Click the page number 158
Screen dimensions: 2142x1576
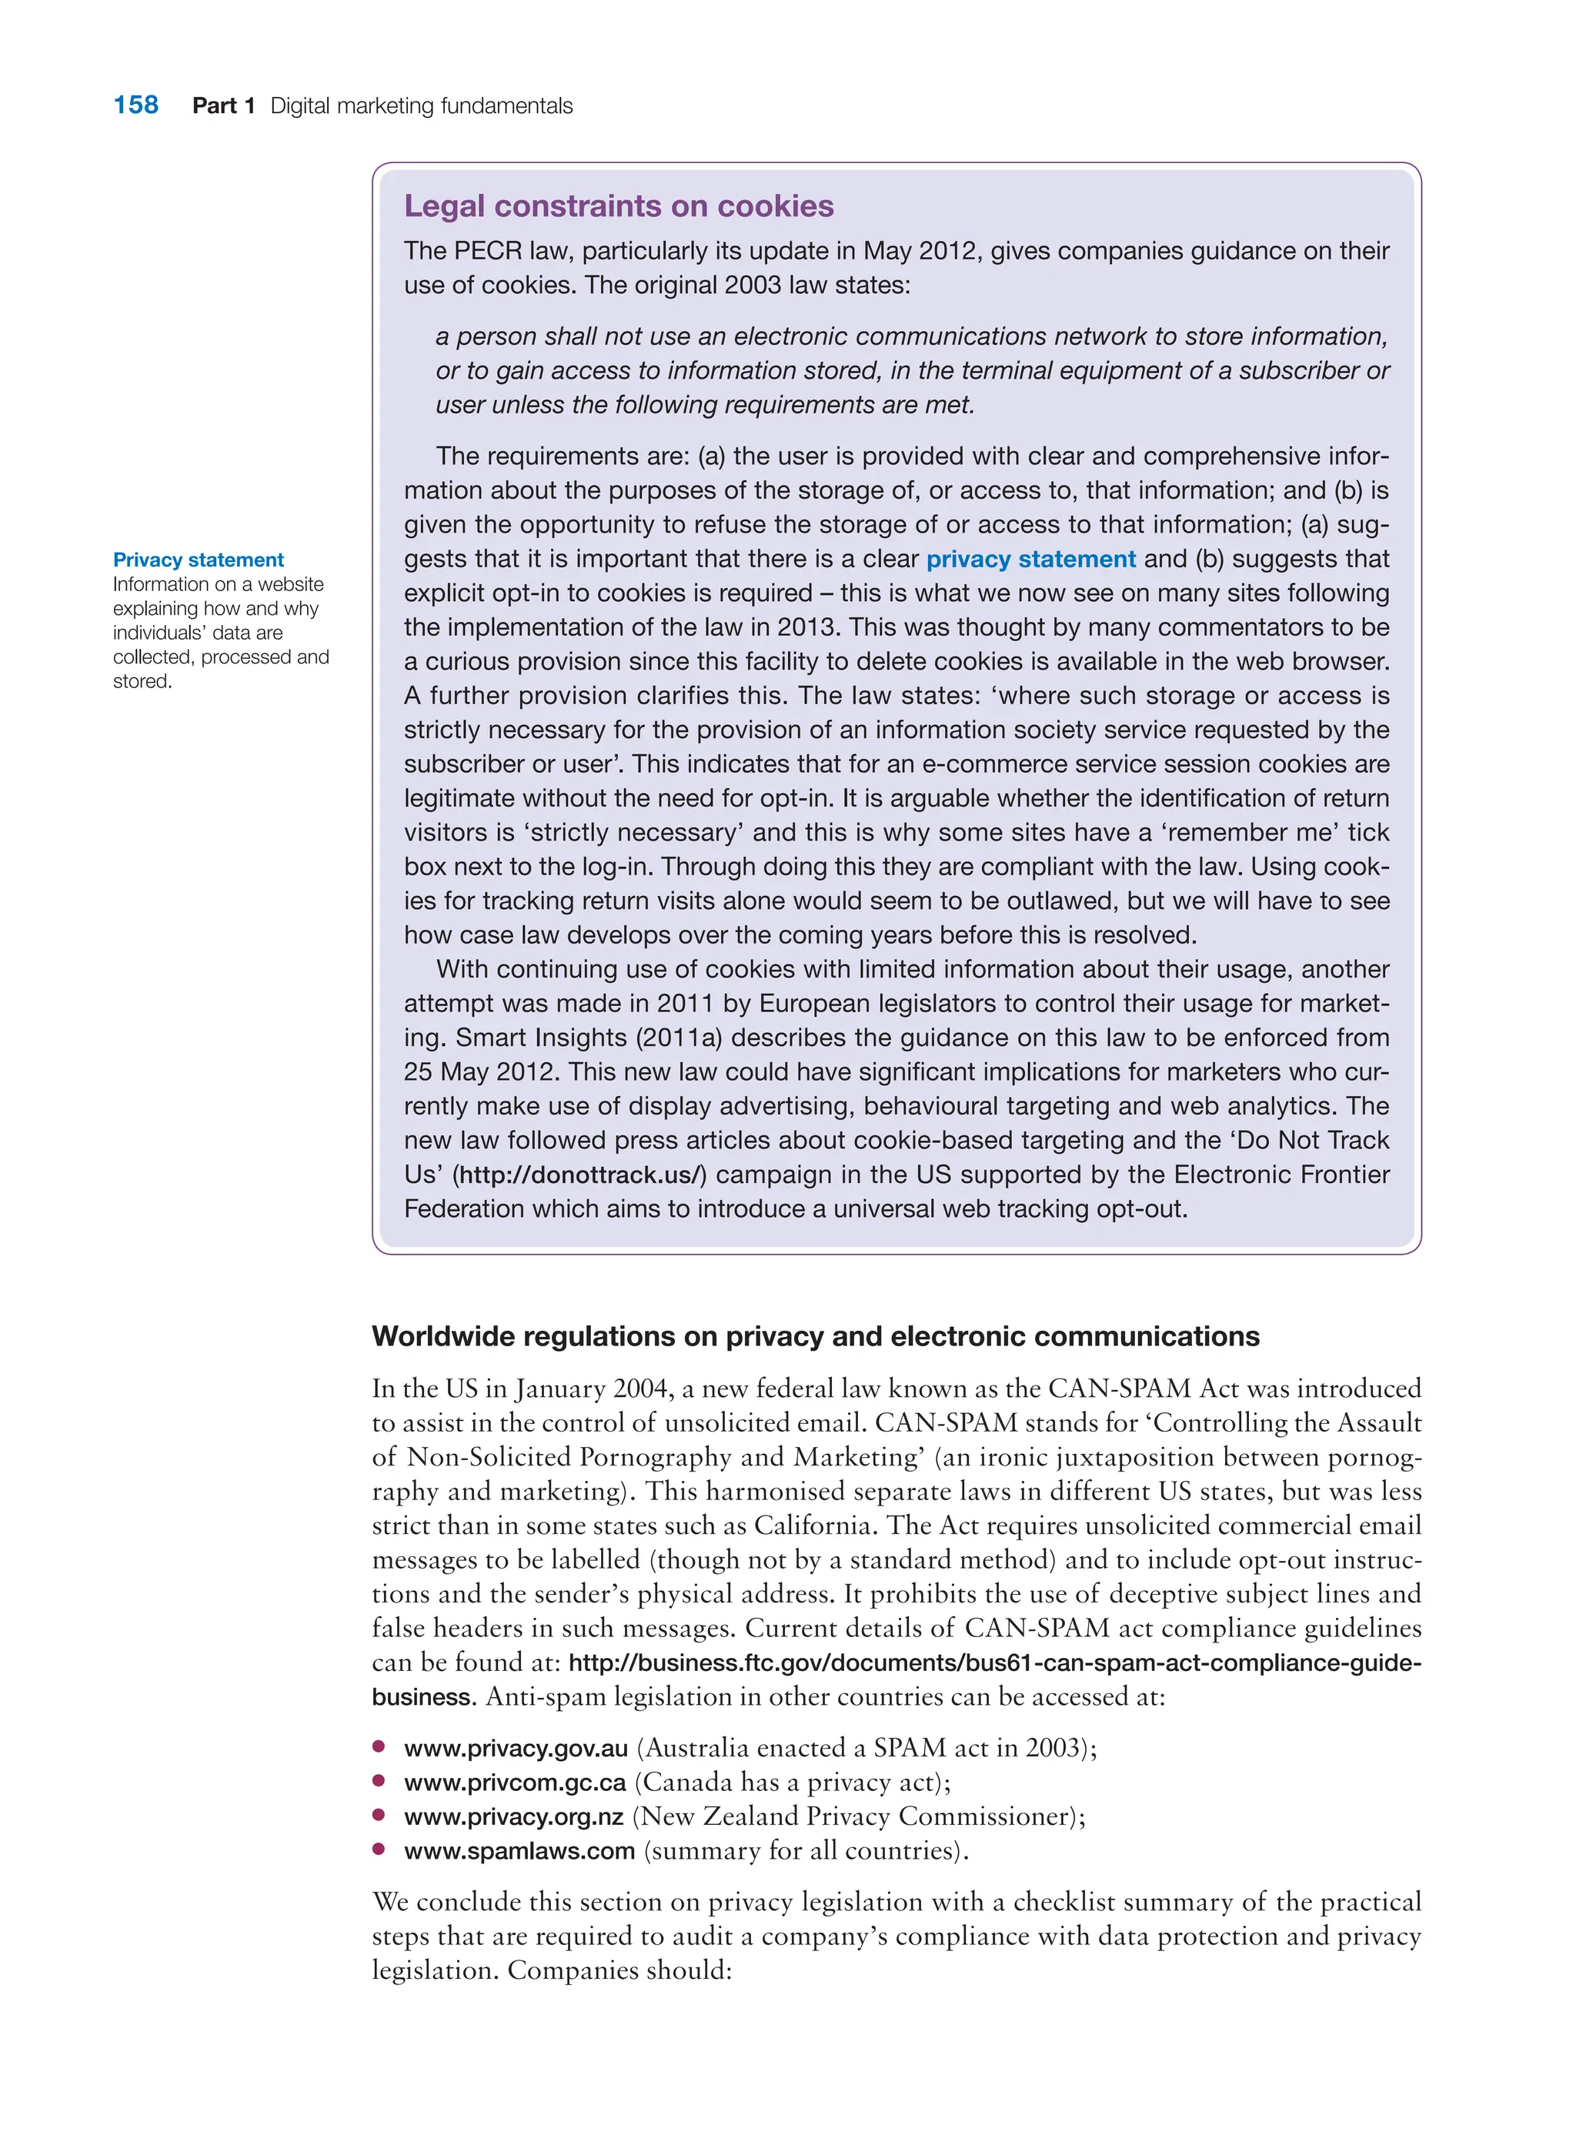point(135,105)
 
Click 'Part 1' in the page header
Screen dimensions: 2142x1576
point(223,106)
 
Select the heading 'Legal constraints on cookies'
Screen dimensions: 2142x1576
point(618,206)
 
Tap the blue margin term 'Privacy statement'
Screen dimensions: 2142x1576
point(199,560)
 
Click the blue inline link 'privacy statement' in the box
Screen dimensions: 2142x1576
point(1030,559)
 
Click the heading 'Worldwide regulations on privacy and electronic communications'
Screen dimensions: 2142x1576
point(816,1337)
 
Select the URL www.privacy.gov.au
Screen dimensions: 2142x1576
point(516,1749)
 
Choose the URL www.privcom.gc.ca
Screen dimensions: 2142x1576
point(515,1783)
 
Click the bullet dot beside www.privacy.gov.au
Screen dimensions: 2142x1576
point(379,1747)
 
